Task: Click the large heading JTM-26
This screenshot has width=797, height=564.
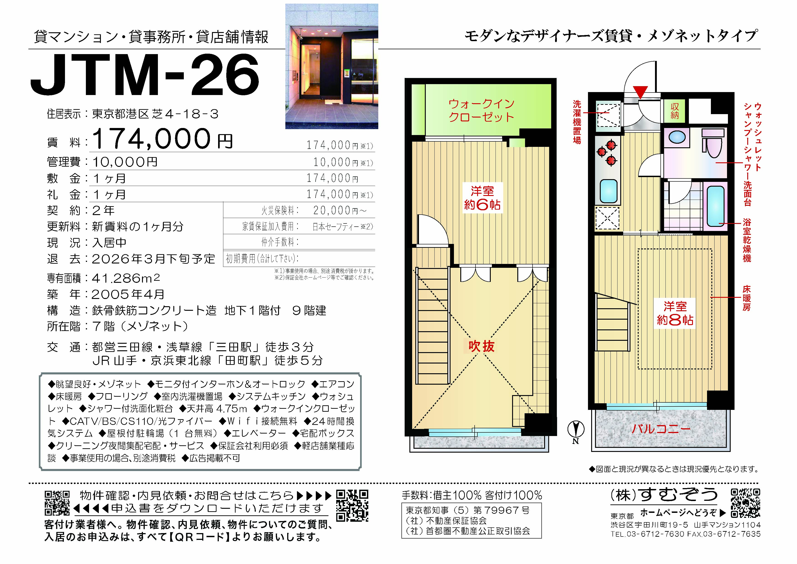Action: point(145,75)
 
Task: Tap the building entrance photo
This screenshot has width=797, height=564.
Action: point(331,66)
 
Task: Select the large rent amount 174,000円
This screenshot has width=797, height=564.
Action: point(162,139)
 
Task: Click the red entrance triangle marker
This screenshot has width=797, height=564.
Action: point(641,92)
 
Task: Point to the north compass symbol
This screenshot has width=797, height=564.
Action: point(575,432)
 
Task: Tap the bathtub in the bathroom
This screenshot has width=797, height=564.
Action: point(715,206)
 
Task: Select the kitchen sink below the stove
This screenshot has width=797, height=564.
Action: point(608,191)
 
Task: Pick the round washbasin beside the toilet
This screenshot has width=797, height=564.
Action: point(677,137)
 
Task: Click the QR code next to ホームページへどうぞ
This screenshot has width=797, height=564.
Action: point(745,503)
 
